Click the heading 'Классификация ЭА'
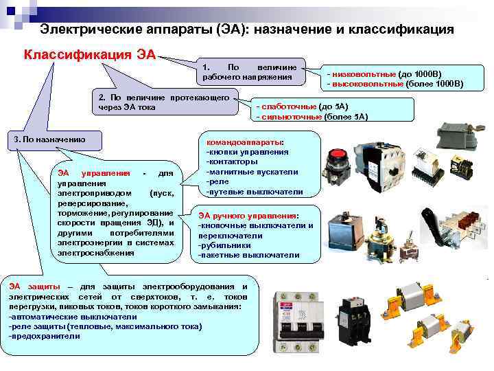pos(90,54)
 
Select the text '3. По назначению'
pos(50,139)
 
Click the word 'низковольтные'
pos(362,74)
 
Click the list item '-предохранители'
pos(45,337)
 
